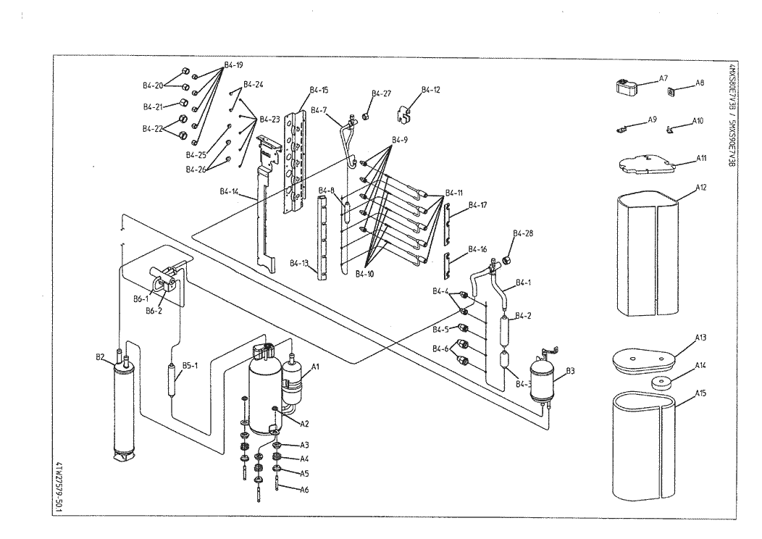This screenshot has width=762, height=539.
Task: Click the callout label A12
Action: pos(700,187)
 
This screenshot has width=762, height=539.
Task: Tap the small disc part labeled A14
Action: pos(662,383)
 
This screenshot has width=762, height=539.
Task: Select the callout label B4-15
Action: pos(319,90)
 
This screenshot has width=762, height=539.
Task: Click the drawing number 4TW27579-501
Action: pos(59,488)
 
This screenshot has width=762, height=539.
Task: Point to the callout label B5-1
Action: pos(190,365)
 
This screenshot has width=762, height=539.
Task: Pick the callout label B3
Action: pos(570,371)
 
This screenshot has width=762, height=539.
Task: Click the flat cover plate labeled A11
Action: pos(647,164)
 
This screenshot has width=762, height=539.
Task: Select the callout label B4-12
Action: pos(430,89)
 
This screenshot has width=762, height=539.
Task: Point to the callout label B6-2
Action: pos(154,311)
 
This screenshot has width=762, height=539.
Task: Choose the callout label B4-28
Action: pos(523,233)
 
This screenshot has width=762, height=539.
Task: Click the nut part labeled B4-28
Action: pos(507,261)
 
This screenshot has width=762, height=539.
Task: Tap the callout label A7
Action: pos(663,78)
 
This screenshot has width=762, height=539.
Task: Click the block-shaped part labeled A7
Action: pos(627,86)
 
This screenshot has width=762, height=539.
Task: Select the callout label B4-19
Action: pos(233,64)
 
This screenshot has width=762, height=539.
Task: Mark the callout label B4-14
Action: pos(229,191)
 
